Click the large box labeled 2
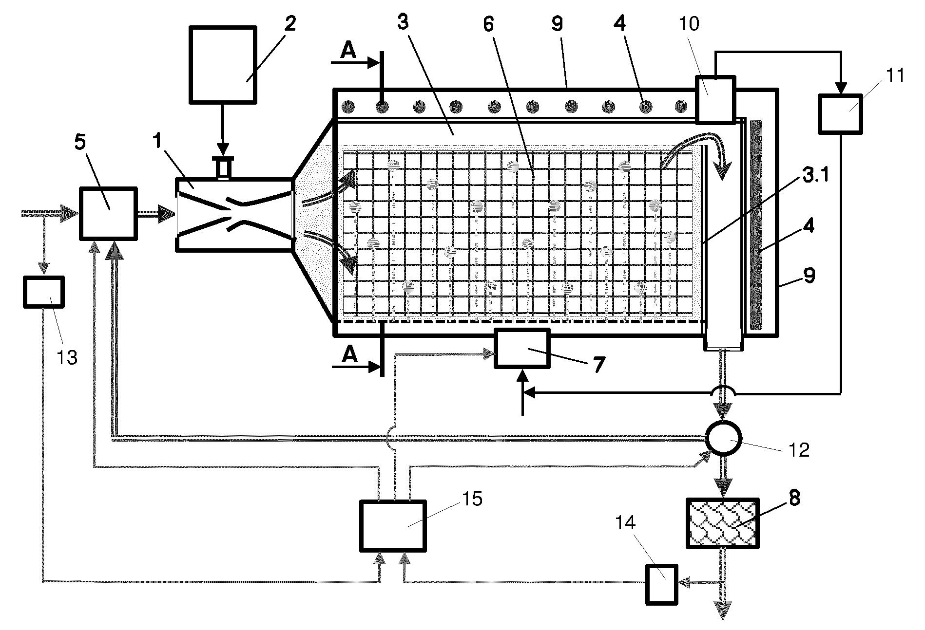(x=223, y=64)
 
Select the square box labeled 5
(x=108, y=214)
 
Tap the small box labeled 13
(x=44, y=292)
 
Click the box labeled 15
(x=393, y=526)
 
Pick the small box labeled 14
(x=662, y=584)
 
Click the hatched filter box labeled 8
(x=722, y=523)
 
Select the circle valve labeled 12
(x=724, y=438)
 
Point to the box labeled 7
(x=522, y=349)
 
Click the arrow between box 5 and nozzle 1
(x=156, y=214)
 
